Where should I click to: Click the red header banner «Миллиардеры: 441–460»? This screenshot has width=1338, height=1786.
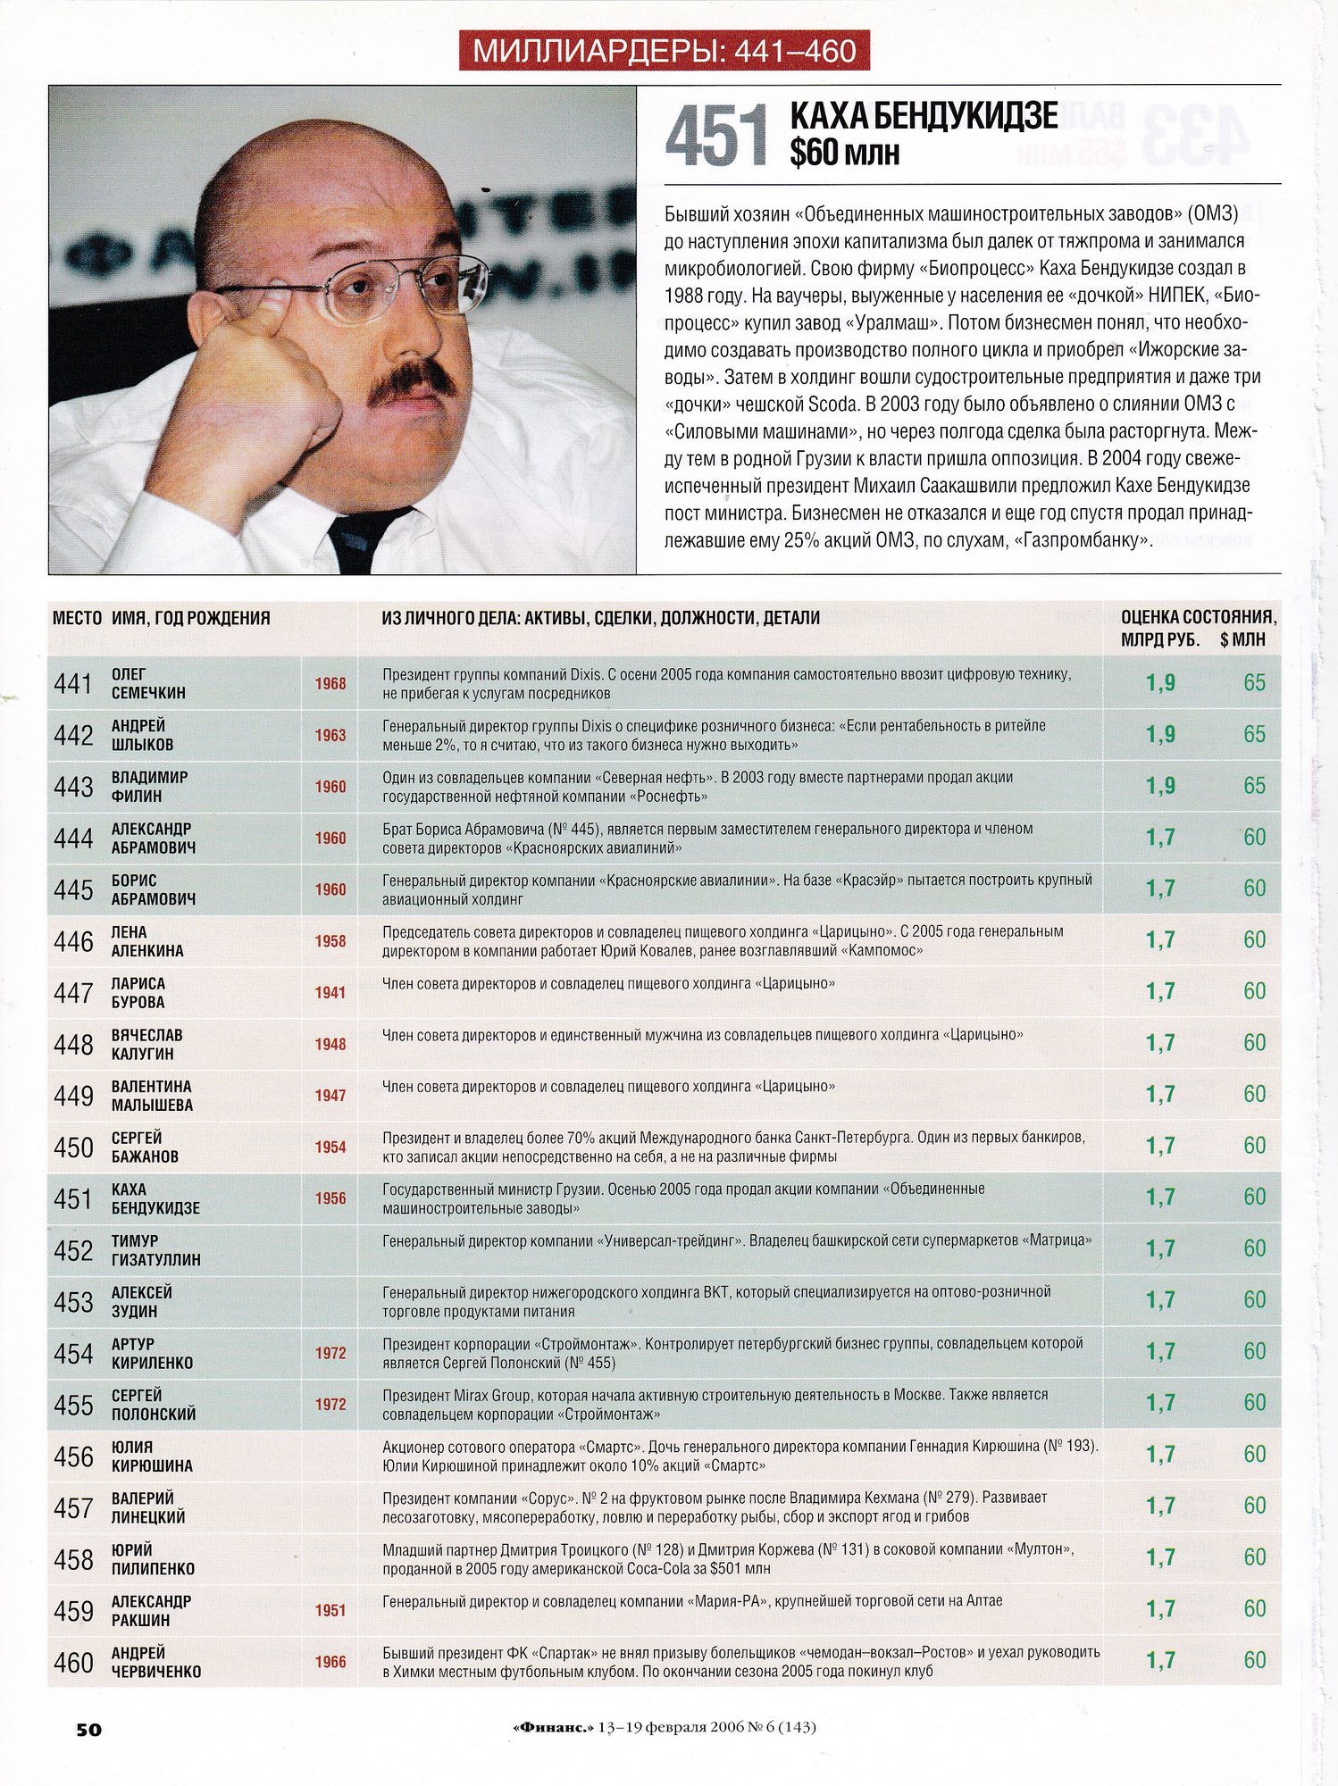click(x=664, y=51)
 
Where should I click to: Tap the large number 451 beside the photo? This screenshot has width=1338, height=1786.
click(x=717, y=137)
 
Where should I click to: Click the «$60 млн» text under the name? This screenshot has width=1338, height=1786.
click(x=844, y=154)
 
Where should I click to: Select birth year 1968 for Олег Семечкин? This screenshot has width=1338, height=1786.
click(x=330, y=684)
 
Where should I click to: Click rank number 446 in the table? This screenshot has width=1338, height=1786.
click(x=73, y=941)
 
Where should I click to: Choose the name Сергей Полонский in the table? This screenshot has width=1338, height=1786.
click(x=153, y=1405)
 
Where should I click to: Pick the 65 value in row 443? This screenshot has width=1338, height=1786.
click(x=1254, y=786)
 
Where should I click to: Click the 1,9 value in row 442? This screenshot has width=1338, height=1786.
click(x=1160, y=735)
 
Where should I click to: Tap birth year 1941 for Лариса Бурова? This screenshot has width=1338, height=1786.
click(x=330, y=992)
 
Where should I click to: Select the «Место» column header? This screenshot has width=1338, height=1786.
click(x=77, y=618)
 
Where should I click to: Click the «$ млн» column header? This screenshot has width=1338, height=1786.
click(x=1242, y=639)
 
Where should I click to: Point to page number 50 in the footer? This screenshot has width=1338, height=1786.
click(x=88, y=1729)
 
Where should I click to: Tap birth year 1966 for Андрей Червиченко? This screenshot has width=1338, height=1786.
click(x=330, y=1662)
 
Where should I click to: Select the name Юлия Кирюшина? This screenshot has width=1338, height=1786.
click(x=152, y=1456)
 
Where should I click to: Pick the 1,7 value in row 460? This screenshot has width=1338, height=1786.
click(x=1160, y=1661)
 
